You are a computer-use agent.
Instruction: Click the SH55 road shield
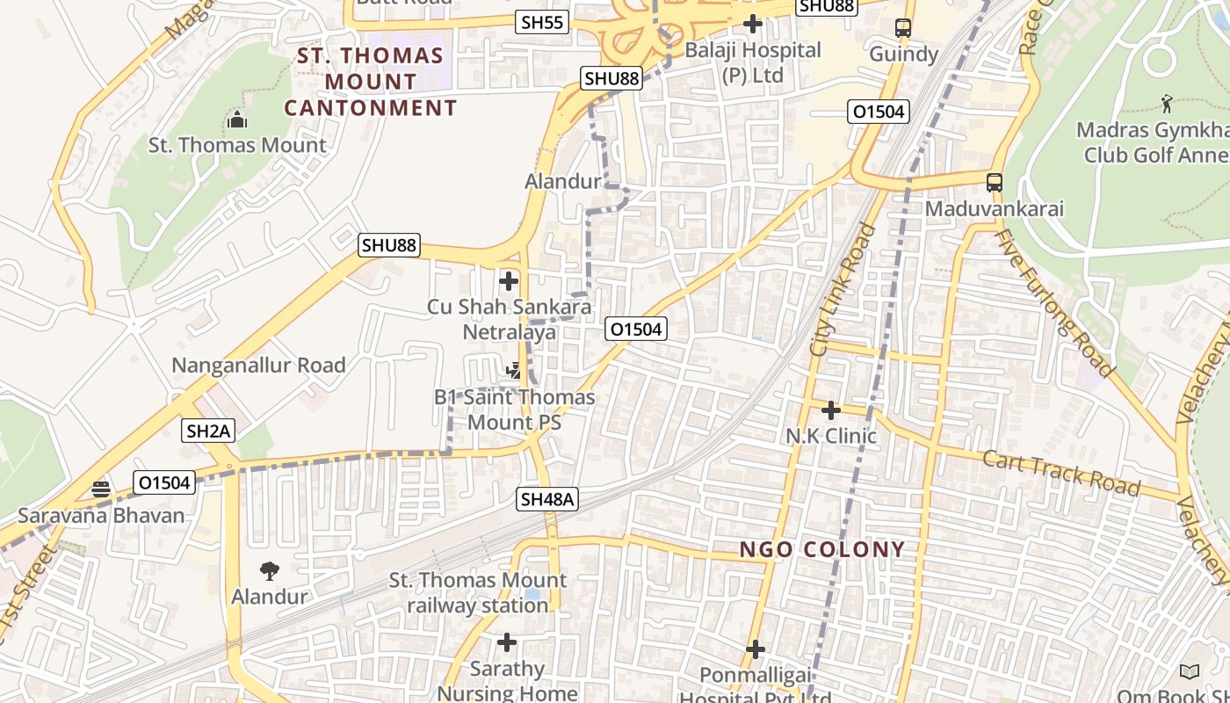coord(542,23)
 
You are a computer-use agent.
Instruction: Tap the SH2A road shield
coord(209,431)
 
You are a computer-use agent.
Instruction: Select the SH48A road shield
coord(546,499)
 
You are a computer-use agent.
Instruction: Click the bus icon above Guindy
coord(903,28)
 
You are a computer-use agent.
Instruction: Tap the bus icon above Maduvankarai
coord(994,183)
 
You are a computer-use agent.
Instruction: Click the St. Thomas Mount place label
coord(236,145)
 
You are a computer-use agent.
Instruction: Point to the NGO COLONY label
coord(821,549)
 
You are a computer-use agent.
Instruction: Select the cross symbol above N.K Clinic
coord(830,409)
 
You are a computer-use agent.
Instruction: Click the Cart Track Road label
coord(1060,473)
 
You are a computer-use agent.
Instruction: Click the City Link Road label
coord(842,290)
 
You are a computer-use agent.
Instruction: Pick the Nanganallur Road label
coord(258,365)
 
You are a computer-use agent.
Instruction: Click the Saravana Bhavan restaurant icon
coord(101,489)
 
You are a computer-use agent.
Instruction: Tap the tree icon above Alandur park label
coord(269,570)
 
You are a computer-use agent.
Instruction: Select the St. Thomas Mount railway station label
coord(477,592)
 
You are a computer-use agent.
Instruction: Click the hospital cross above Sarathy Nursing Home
coord(507,642)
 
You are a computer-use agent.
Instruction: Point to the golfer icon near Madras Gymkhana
coord(1166,104)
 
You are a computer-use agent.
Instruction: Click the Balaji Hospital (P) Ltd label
coord(752,62)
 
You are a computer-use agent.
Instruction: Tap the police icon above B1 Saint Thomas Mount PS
coord(515,371)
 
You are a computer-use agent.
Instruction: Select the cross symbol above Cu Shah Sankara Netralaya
coord(508,281)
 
